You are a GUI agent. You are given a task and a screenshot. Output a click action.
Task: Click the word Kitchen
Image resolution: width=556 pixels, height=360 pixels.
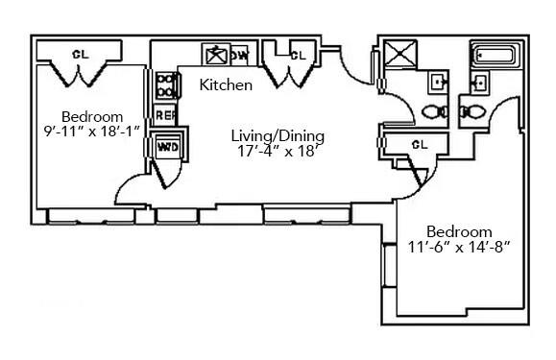[226, 85]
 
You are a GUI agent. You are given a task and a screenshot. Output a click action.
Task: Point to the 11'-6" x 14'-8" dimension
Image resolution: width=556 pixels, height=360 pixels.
[459, 247]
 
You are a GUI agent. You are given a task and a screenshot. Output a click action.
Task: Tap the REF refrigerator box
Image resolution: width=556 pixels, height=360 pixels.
[165, 115]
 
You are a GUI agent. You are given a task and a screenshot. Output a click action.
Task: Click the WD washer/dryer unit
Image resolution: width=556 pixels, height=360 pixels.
[167, 147]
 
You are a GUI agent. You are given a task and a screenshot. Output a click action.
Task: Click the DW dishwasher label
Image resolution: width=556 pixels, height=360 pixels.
[240, 55]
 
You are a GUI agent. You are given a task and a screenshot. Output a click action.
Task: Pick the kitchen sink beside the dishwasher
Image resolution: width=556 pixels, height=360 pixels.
[214, 55]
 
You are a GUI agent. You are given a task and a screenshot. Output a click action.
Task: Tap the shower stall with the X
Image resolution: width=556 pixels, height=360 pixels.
[401, 56]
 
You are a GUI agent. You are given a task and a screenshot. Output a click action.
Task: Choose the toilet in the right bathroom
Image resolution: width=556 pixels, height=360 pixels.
[473, 111]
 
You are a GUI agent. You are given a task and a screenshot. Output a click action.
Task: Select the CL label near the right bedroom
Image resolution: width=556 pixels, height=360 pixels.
[419, 144]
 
